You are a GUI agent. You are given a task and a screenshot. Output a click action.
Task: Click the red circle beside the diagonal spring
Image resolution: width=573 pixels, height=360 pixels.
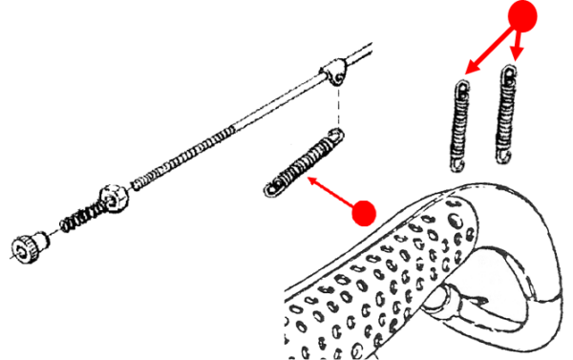363,212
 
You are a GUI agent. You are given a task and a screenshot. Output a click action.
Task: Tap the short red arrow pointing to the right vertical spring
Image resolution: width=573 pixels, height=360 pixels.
519,46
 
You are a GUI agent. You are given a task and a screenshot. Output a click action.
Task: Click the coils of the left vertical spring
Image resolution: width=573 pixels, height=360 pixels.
460,130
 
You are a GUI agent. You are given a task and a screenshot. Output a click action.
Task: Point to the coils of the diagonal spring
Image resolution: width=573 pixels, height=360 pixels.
304,165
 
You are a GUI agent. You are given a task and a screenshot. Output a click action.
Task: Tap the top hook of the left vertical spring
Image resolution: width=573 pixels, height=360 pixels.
463,87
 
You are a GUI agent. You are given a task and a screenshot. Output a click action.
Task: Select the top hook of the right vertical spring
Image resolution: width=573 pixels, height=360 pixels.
512,73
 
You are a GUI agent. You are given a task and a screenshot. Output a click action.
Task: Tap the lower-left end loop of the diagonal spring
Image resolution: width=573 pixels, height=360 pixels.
270,189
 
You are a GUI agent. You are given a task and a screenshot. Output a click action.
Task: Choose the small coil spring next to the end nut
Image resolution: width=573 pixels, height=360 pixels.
72,222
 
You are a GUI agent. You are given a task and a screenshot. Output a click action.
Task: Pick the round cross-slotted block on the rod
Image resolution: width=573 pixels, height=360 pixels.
115,195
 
